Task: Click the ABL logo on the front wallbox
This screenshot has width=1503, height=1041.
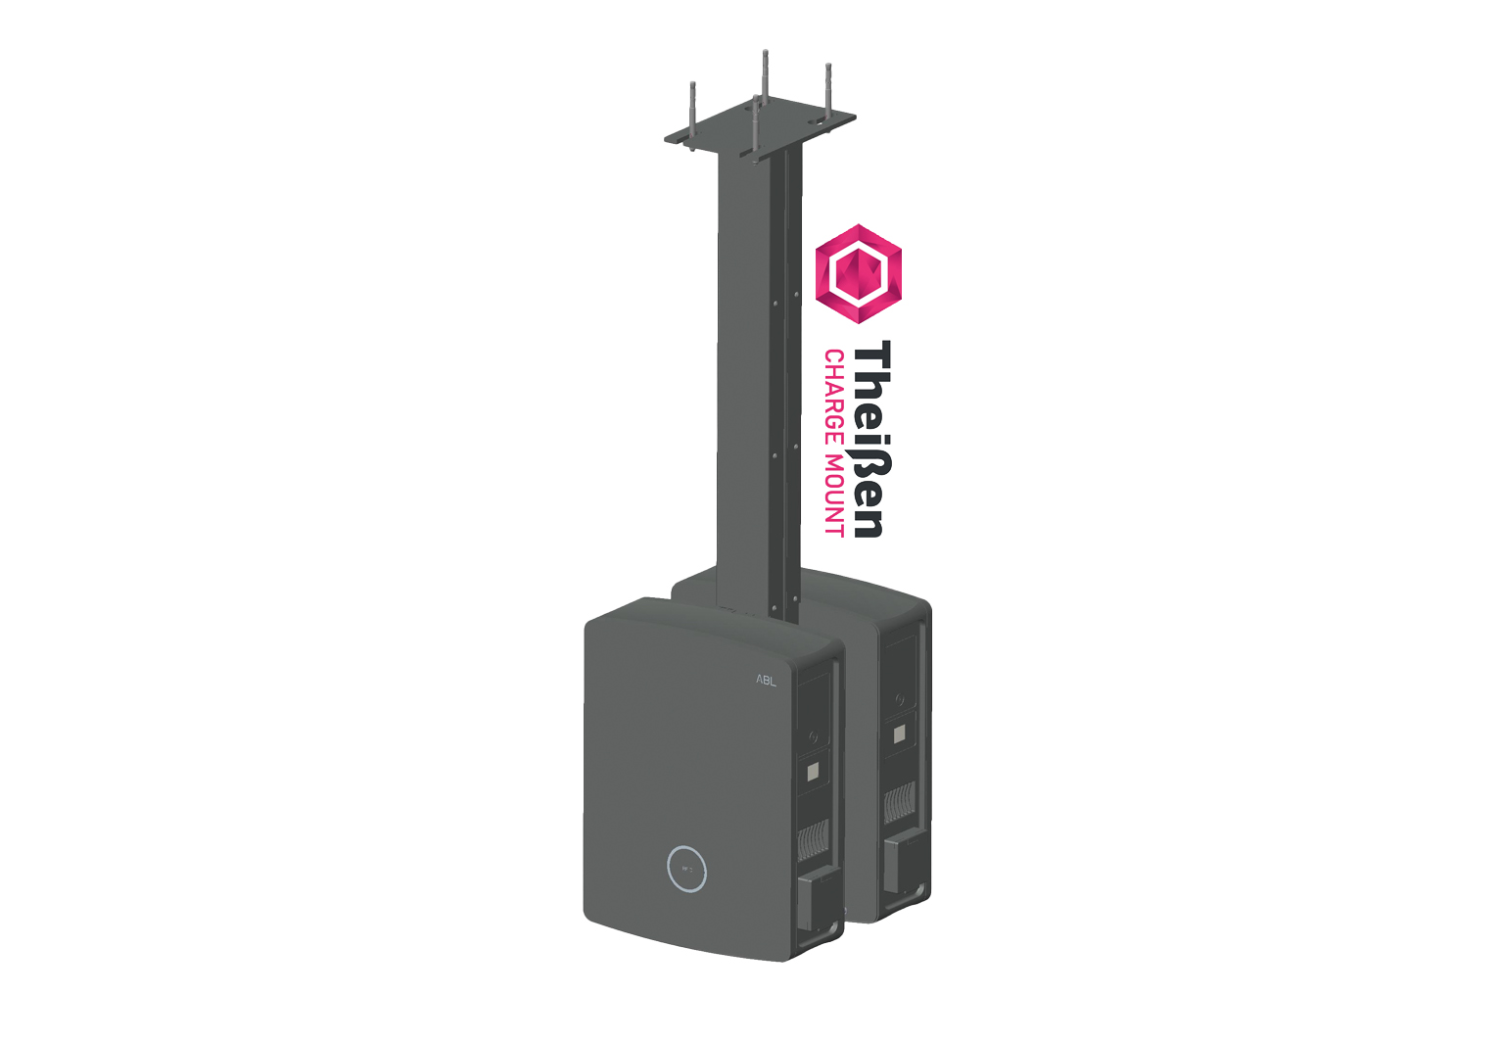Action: click(766, 681)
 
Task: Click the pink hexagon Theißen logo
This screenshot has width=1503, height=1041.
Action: click(858, 274)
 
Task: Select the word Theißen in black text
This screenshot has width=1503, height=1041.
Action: click(871, 439)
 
